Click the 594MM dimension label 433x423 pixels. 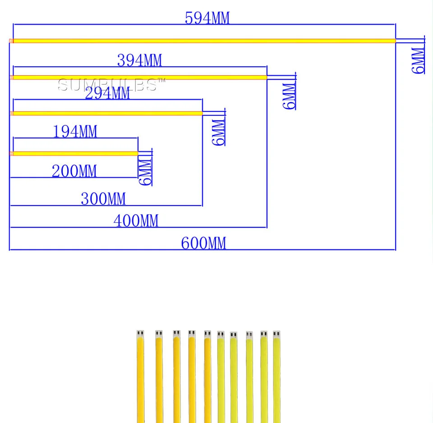point(207,18)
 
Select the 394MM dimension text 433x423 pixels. point(139,60)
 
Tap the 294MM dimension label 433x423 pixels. point(107,93)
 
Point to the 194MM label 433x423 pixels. point(75,132)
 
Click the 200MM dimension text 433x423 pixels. point(74,171)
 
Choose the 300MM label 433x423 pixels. point(103,199)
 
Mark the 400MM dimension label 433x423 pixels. point(136,221)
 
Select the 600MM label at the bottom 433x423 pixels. point(203,244)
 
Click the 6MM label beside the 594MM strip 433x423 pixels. point(418,60)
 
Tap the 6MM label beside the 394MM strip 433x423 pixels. point(289,96)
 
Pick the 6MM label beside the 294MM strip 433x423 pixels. point(218,132)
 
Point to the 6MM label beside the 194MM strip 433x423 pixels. point(145,172)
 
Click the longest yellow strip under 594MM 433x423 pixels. point(203,41)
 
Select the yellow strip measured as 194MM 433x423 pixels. point(75,154)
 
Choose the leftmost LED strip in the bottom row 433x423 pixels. point(140,379)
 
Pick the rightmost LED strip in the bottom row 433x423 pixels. point(276,379)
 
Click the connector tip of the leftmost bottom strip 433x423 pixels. point(140,334)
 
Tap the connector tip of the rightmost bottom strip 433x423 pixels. point(276,335)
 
